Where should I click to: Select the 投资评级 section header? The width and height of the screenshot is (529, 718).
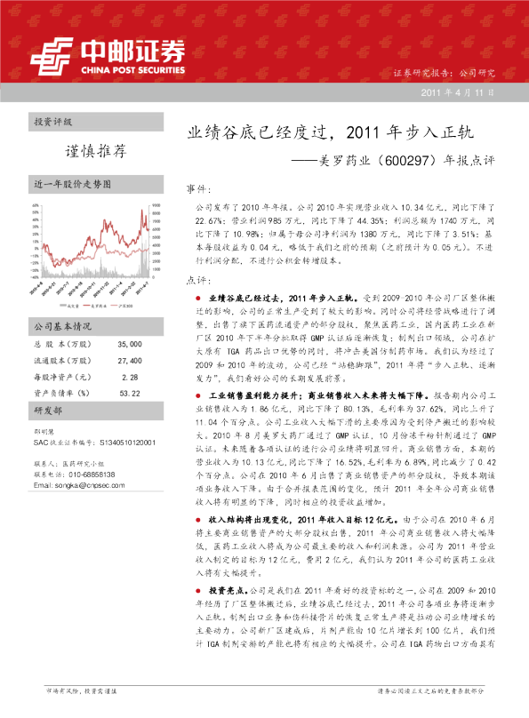53,120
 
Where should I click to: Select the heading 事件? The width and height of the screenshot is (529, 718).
197,190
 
